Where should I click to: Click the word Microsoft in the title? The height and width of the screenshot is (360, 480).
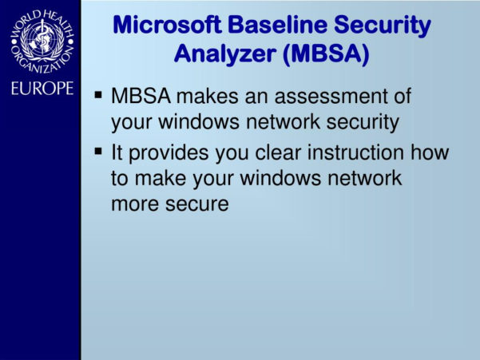161,26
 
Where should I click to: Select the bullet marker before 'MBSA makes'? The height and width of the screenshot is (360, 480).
98,96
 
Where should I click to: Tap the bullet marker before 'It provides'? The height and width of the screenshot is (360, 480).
98,150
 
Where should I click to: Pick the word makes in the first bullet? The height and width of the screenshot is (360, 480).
198,98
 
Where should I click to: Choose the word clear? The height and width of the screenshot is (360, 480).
282,152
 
